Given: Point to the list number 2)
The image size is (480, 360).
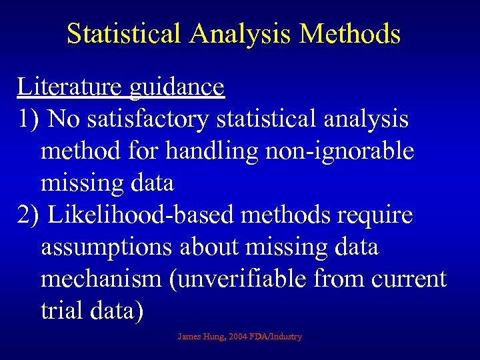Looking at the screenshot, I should click(31, 215).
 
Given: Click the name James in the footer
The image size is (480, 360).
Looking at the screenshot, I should click(189, 337).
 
